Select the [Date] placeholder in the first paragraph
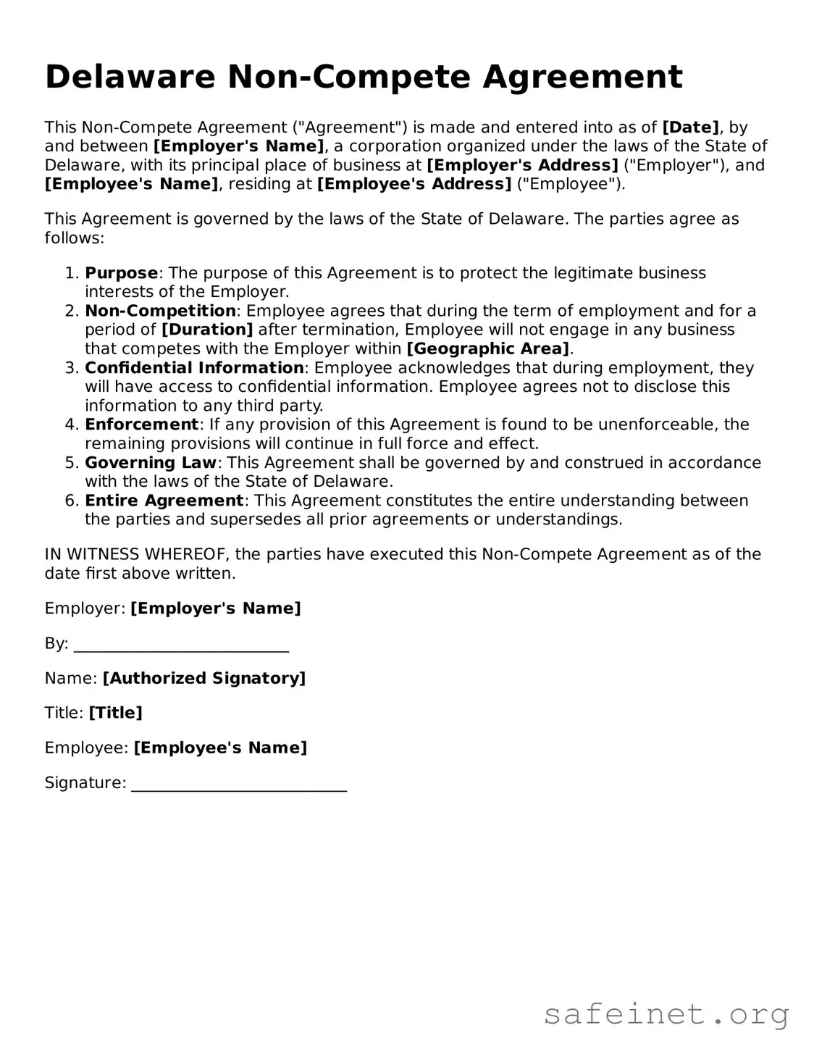click(690, 127)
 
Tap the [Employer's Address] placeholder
click(522, 165)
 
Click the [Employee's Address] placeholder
click(414, 184)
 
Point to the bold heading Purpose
click(121, 273)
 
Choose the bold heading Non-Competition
click(160, 311)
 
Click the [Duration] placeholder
click(207, 330)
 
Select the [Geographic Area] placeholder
click(488, 348)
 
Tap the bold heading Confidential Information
click(194, 368)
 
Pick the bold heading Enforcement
click(141, 424)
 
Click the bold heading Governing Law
click(151, 462)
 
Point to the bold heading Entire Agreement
click(164, 501)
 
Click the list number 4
click(70, 424)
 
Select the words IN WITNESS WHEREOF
click(137, 555)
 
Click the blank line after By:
click(181, 644)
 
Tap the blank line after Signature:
click(239, 784)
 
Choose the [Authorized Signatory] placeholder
click(204, 679)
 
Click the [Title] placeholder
click(115, 714)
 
